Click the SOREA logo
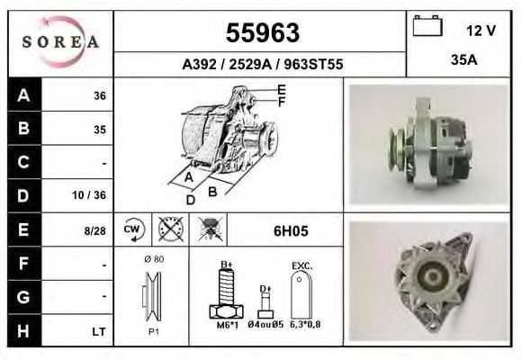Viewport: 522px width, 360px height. (x=61, y=43)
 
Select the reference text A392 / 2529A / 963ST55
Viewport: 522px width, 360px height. (x=263, y=65)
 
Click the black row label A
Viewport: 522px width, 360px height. (x=22, y=95)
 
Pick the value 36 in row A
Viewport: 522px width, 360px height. (x=100, y=95)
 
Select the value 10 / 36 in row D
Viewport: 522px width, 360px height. (x=94, y=194)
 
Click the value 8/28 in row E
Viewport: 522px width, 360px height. (x=95, y=230)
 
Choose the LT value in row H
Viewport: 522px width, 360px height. (x=99, y=331)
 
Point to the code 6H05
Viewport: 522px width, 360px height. (x=291, y=230)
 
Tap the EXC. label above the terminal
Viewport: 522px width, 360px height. (x=301, y=266)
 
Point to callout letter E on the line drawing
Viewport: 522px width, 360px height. (x=281, y=89)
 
